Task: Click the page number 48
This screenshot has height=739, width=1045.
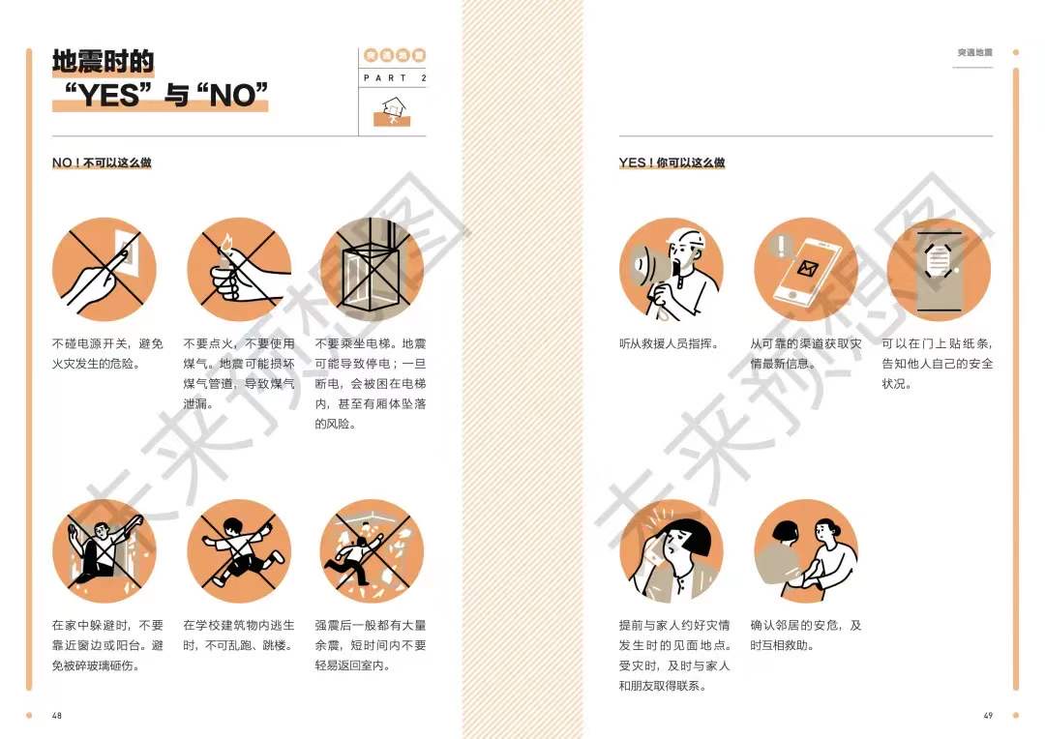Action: [57, 715]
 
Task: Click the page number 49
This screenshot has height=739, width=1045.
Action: [988, 715]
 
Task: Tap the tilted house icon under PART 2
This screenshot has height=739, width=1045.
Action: [393, 109]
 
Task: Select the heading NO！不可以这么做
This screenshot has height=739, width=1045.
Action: [102, 163]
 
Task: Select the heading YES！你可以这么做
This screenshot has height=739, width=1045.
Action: [672, 163]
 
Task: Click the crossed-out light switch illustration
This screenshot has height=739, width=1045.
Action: [104, 269]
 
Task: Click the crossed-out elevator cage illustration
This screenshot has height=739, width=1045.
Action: [372, 269]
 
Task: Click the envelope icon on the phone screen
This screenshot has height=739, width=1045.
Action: [808, 268]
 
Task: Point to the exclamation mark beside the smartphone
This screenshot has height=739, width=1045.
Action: [781, 246]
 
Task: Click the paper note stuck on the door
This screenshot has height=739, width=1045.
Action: [938, 260]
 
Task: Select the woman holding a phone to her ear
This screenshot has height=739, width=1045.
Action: [672, 551]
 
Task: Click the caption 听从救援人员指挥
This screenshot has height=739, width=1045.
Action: [670, 343]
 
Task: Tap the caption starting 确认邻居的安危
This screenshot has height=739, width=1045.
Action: [806, 636]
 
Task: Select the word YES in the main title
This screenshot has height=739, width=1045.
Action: [110, 95]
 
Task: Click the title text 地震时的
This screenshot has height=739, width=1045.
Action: [104, 61]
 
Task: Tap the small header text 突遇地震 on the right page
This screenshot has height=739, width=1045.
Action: [975, 52]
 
